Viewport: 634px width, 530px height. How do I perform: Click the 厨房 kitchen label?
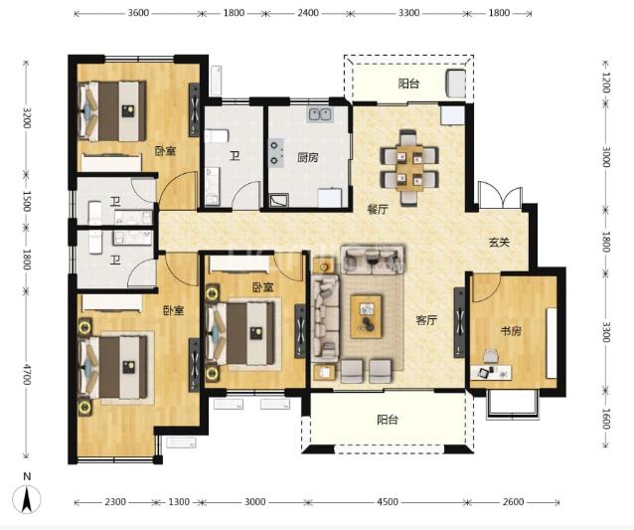308,157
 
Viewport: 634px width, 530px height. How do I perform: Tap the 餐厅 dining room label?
378,209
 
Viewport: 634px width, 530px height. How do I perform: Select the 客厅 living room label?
426,320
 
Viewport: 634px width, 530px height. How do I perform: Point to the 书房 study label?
511,331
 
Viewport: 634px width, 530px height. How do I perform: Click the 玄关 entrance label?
499,243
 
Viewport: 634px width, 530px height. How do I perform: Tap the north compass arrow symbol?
27,499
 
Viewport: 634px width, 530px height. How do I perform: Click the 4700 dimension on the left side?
27,374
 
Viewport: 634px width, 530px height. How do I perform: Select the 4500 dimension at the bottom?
387,502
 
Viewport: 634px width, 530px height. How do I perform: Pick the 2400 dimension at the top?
308,13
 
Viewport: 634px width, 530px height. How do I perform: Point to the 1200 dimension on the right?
606,83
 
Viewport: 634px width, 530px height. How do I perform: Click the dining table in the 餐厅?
409,167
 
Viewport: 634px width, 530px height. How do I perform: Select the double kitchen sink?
320,114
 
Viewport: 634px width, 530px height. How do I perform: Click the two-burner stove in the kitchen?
277,152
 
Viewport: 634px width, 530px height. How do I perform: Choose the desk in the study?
491,372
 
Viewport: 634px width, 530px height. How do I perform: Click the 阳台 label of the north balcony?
408,84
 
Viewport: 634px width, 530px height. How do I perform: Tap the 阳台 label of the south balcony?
388,420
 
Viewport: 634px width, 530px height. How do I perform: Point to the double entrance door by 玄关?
501,196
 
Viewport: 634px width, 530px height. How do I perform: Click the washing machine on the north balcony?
456,83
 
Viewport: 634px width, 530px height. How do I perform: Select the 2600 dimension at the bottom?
513,502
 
